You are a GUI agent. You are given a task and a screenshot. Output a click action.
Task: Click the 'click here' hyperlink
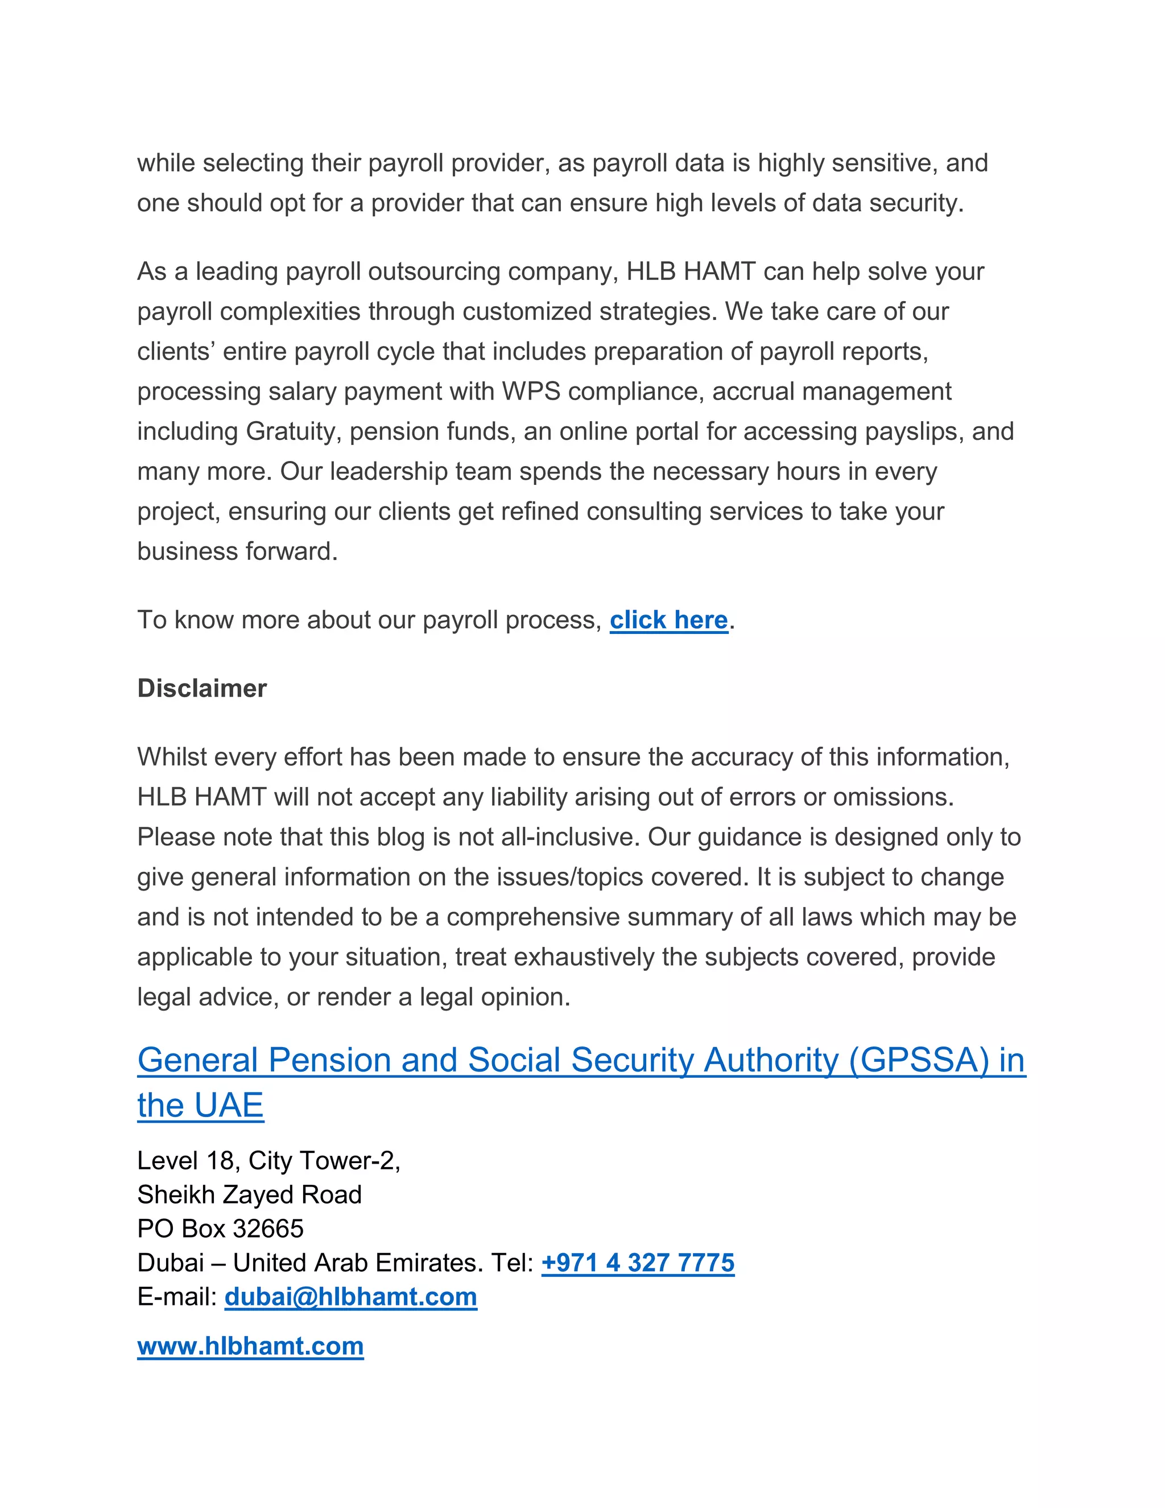668,620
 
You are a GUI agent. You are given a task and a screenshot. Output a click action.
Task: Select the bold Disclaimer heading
201,689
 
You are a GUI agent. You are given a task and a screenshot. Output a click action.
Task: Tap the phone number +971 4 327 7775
638,1263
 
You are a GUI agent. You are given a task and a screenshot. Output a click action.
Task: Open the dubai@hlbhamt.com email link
350,1297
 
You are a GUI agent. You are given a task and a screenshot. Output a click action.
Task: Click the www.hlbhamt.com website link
250,1346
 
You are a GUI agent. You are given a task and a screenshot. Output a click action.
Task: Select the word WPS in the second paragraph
531,392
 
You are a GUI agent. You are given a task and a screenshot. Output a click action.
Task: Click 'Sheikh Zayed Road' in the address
249,1195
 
